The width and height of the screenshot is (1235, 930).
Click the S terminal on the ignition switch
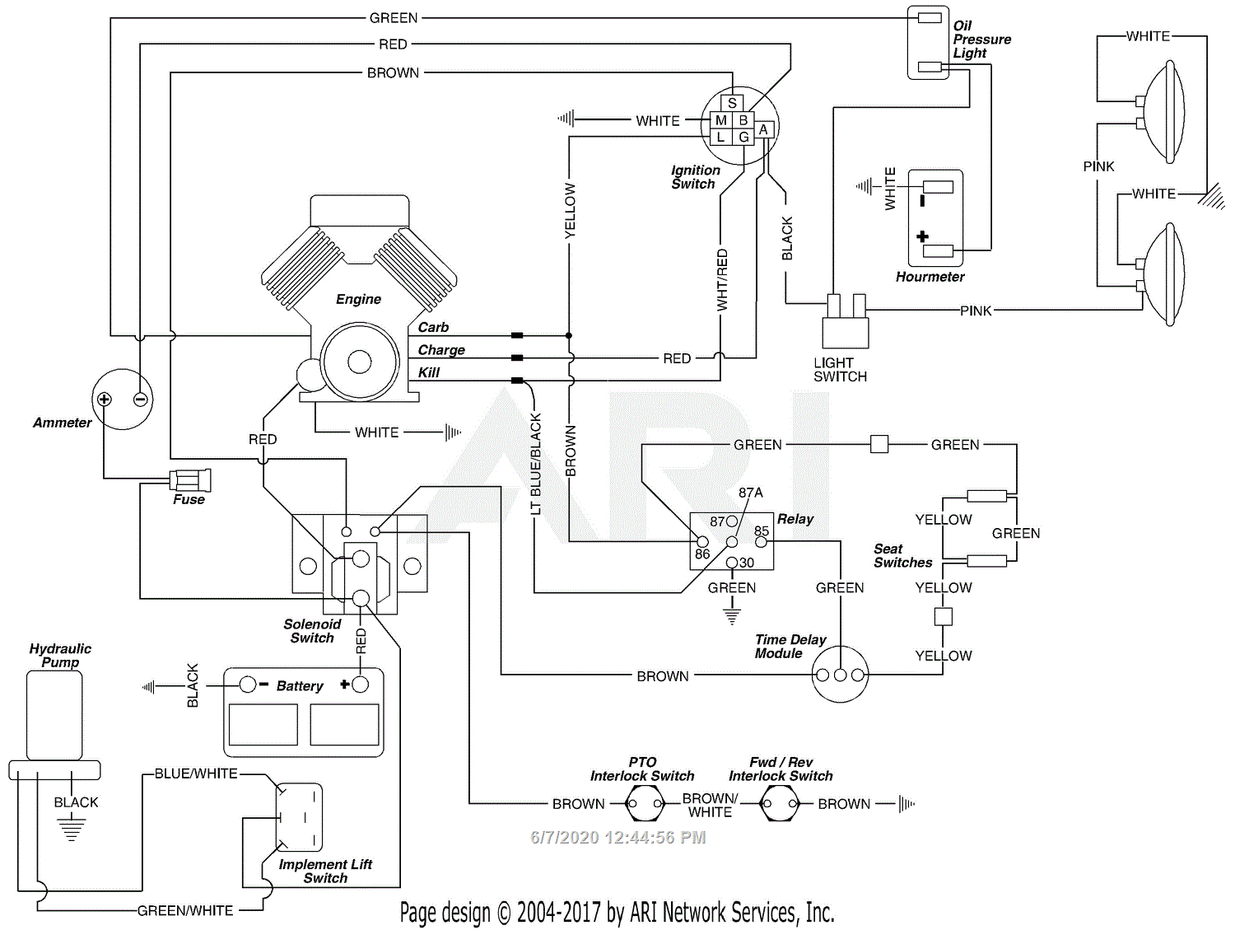(732, 103)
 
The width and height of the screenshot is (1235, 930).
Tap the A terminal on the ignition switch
(763, 129)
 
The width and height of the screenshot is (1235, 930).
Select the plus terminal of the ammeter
(105, 400)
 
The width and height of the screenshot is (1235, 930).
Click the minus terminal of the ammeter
(141, 400)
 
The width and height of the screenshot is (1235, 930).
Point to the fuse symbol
(190, 479)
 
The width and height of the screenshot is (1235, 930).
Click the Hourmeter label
(930, 277)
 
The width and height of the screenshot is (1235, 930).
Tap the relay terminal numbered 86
(702, 542)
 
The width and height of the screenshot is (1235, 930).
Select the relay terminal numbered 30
(732, 563)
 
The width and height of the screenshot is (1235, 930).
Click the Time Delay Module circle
(840, 675)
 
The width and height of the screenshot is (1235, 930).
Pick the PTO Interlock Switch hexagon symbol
(644, 803)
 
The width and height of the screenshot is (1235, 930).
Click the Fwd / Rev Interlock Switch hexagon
(779, 803)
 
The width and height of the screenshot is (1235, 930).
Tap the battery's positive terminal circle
(360, 685)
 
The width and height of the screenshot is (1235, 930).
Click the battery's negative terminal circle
(247, 685)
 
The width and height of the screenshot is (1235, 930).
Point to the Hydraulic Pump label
(60, 656)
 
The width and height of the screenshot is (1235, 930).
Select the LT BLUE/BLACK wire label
(536, 465)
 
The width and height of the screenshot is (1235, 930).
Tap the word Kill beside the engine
(428, 372)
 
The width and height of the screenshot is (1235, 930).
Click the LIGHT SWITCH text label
(840, 370)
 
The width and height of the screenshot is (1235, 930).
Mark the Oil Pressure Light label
(981, 40)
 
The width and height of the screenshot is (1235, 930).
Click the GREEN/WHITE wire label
(185, 910)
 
